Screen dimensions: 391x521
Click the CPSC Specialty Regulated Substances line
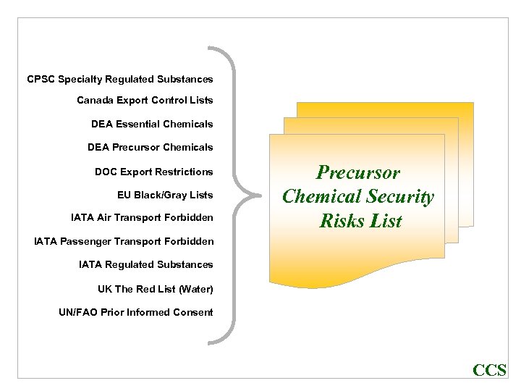(x=120, y=79)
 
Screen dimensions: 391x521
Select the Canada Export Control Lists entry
(x=145, y=100)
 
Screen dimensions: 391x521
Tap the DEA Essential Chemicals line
(x=152, y=124)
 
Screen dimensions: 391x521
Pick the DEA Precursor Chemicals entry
(x=150, y=147)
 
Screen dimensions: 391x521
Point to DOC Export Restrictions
(x=153, y=172)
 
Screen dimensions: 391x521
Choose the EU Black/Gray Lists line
(x=165, y=194)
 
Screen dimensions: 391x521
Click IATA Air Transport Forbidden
(x=142, y=217)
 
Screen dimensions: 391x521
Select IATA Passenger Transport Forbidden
(x=124, y=240)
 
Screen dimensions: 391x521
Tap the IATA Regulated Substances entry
(x=146, y=264)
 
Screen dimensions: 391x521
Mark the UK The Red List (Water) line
(x=156, y=289)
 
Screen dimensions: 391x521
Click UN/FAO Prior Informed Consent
(x=136, y=312)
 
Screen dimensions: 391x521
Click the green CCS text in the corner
(x=489, y=371)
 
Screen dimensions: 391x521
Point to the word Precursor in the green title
(x=358, y=173)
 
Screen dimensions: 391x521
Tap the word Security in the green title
(x=400, y=196)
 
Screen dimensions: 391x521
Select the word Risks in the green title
(x=343, y=220)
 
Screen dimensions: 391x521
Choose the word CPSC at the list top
(x=41, y=79)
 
